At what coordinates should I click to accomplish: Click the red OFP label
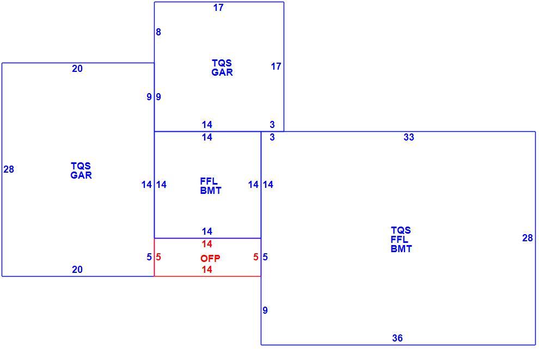210,258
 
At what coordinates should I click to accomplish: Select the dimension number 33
409,137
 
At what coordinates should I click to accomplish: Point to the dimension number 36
397,338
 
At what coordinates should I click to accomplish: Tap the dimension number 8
158,32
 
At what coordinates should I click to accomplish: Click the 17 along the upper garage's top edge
218,8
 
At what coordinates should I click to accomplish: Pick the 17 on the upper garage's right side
276,66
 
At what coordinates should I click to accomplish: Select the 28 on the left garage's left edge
9,169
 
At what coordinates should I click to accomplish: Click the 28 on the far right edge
528,238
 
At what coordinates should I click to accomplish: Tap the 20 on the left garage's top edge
77,69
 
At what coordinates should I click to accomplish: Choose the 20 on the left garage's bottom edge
77,270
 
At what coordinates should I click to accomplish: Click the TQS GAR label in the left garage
81,170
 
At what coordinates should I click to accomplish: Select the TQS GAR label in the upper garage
222,68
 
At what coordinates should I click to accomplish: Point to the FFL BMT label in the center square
211,186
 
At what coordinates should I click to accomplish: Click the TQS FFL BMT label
401,239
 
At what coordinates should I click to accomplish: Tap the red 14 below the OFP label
207,270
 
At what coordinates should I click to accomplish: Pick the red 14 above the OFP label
207,244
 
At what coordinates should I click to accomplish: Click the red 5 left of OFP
158,257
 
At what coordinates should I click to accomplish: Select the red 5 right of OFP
256,257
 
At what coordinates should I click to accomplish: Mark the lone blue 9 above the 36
265,310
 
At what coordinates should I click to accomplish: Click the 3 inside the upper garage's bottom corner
272,125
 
